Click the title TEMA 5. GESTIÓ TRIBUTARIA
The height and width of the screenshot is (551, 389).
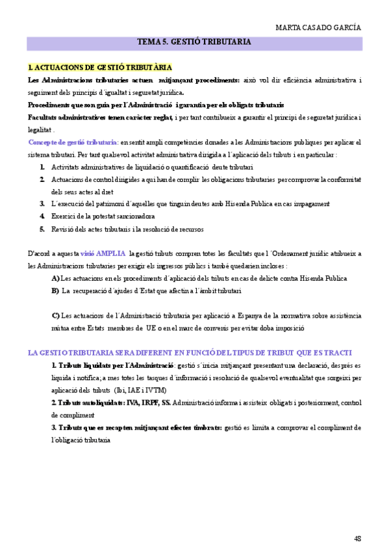194,43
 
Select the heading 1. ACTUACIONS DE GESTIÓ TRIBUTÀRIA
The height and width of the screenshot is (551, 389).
100,68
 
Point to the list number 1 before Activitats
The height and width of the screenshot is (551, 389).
42,167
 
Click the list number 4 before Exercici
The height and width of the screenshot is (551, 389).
42,216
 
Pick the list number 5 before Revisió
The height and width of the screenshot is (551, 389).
42,229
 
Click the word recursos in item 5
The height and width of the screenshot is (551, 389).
190,229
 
